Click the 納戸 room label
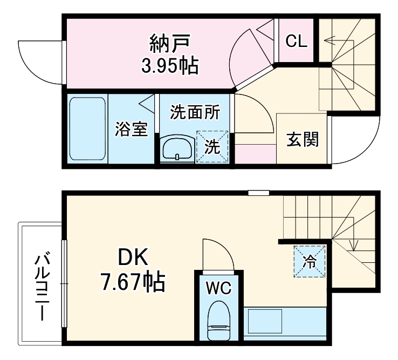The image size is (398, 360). [x=170, y=42]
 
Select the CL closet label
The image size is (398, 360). [x=296, y=41]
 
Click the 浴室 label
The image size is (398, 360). [x=132, y=130]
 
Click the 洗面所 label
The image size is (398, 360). [x=195, y=112]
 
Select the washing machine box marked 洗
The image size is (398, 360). [x=212, y=146]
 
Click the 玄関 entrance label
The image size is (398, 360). [x=303, y=139]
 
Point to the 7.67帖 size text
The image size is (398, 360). [x=133, y=282]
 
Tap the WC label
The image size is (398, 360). [x=218, y=288]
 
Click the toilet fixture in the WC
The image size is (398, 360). [x=218, y=321]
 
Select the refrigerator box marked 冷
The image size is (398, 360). [x=310, y=262]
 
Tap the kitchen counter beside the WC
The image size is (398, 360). [x=285, y=323]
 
